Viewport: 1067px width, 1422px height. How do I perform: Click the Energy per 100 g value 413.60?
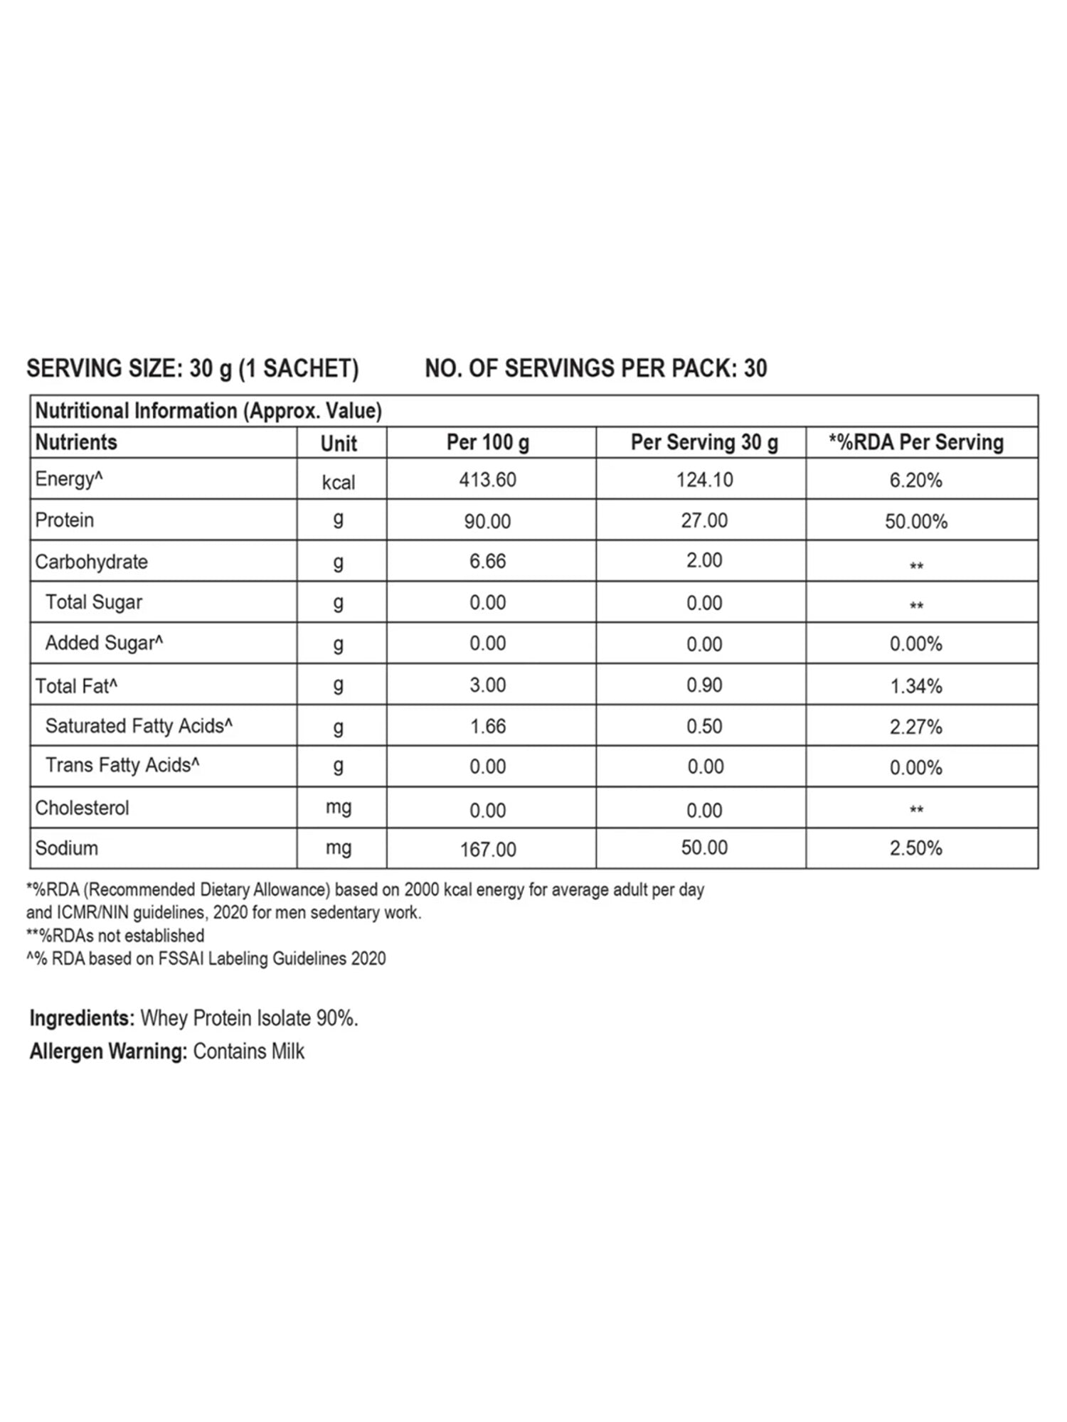coord(487,480)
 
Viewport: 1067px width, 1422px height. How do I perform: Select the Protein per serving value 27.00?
coord(704,520)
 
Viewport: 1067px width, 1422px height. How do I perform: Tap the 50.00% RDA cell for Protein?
coord(915,522)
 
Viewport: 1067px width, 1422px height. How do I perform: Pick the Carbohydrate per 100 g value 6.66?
coord(487,561)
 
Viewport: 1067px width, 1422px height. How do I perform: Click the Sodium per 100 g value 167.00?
coord(488,849)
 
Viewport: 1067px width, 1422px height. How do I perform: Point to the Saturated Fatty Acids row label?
coord(139,726)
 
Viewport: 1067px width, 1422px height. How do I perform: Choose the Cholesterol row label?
coord(82,808)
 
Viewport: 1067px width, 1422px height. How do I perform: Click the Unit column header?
coord(339,444)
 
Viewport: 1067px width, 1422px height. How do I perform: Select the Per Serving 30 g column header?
coord(704,442)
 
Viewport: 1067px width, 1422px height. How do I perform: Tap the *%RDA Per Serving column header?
coord(915,442)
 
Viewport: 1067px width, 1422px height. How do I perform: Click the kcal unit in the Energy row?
coord(339,483)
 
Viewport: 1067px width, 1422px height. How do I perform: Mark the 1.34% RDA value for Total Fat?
coord(915,686)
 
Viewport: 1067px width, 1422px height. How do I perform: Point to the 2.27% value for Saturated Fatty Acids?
coord(915,727)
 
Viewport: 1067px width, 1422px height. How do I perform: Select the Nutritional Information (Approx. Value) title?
coord(208,411)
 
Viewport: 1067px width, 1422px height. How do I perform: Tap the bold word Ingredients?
coord(82,1018)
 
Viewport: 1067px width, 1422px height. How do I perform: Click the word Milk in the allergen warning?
coord(287,1051)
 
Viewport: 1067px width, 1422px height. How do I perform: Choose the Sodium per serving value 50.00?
coord(704,848)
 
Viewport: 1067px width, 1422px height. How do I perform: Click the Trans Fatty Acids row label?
coord(122,765)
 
